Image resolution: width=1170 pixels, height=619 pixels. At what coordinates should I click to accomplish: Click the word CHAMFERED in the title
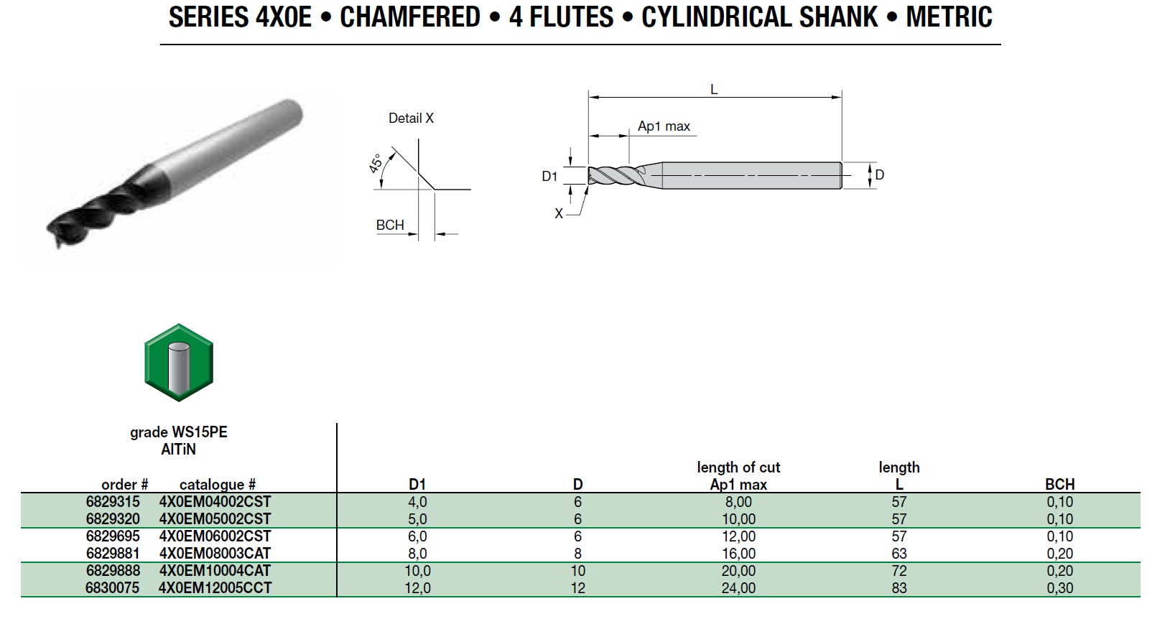[409, 17]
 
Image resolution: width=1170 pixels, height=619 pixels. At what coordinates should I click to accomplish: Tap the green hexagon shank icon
[179, 363]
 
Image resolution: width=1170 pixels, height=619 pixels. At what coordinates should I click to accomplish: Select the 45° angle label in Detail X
[376, 163]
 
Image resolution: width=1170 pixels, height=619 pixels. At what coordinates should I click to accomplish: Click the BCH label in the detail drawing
[390, 225]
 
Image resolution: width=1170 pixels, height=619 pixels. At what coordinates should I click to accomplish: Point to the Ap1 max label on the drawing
[664, 126]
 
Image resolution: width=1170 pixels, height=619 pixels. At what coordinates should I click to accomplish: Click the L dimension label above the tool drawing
[714, 90]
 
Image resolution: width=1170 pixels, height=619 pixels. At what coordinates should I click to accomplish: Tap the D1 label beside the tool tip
[549, 176]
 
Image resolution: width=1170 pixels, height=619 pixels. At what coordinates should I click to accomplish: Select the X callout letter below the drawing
[558, 213]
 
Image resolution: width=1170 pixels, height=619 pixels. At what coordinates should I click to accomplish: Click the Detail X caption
[411, 118]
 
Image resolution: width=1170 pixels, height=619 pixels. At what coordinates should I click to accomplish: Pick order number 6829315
[113, 501]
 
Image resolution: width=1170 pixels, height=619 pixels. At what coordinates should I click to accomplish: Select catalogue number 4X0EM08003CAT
[215, 553]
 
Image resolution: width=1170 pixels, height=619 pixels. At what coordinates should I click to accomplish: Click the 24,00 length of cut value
[738, 588]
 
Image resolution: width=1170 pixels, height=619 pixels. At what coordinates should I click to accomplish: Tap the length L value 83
[899, 588]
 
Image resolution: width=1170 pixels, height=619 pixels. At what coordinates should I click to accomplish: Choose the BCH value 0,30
[1059, 588]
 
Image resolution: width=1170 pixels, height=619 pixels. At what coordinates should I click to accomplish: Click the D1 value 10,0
[417, 571]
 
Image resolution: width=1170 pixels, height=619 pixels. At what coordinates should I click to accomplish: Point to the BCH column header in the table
[1059, 484]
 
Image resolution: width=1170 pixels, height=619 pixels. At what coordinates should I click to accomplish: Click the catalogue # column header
[217, 485]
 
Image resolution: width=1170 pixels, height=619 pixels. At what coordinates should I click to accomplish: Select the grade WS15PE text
[178, 432]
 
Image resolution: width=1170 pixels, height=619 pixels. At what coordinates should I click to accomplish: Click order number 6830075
[113, 588]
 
